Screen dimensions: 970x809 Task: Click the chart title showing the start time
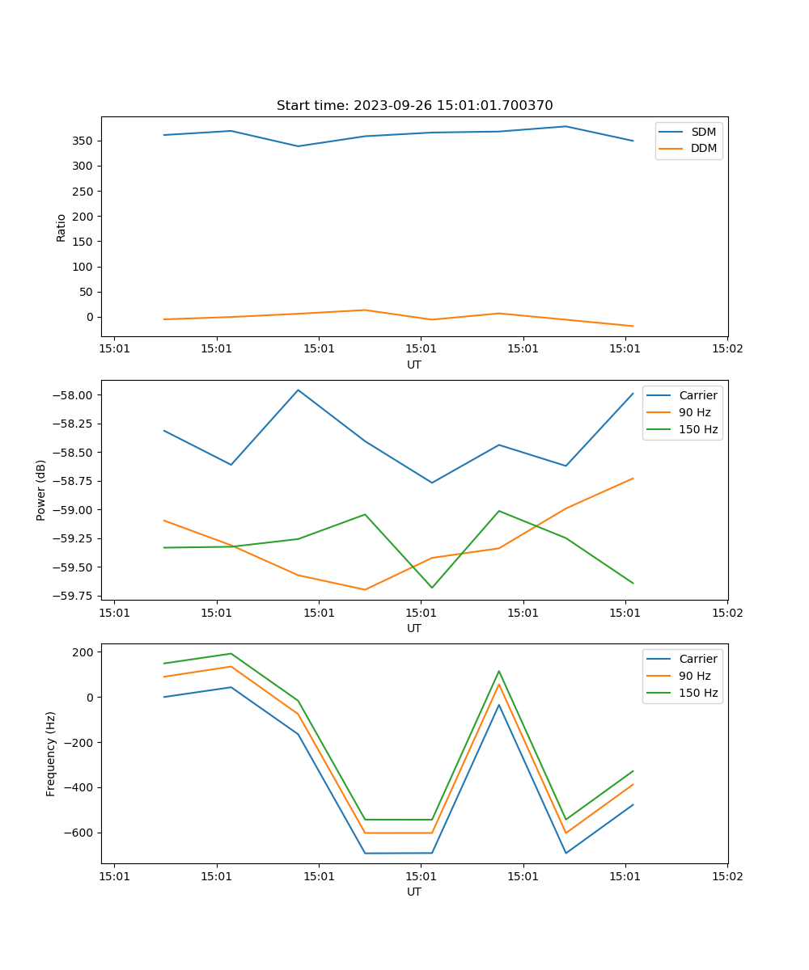click(414, 106)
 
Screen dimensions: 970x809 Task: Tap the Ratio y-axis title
click(61, 227)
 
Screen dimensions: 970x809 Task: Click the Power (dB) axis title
click(41, 490)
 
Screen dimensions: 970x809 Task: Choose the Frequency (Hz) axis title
click(51, 753)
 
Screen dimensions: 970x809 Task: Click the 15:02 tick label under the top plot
click(726, 349)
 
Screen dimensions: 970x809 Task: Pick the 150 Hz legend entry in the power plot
click(698, 429)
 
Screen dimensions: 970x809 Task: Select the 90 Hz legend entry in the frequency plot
click(695, 676)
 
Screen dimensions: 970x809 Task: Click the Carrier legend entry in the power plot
click(697, 395)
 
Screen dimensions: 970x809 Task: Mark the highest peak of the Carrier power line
click(298, 390)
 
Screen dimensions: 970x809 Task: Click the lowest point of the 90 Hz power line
click(365, 589)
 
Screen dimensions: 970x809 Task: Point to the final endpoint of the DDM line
click(633, 327)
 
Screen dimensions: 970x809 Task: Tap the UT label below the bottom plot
click(414, 892)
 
